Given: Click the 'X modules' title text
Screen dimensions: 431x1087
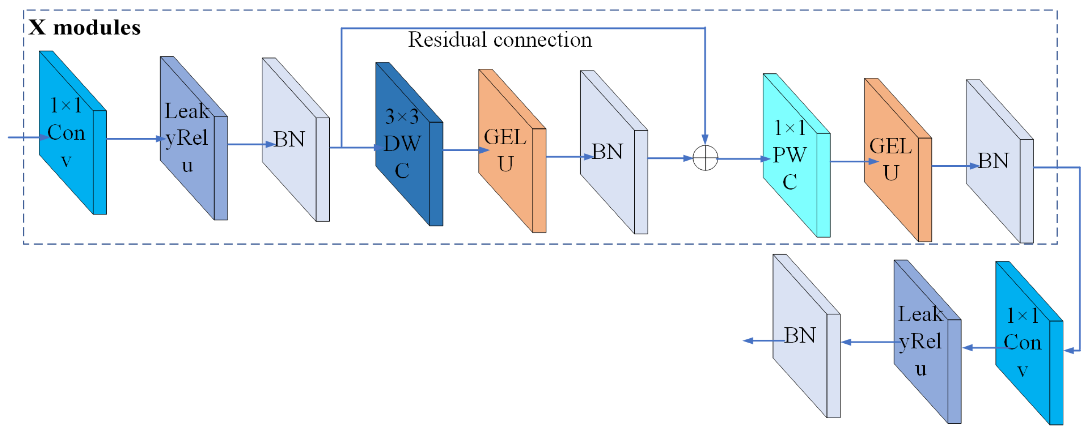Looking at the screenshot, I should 84,28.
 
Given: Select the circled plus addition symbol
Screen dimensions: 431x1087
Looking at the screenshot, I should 705,158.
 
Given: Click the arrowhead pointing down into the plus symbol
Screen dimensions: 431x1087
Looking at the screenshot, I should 705,139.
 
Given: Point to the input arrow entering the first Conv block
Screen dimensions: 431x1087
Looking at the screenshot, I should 25,137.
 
